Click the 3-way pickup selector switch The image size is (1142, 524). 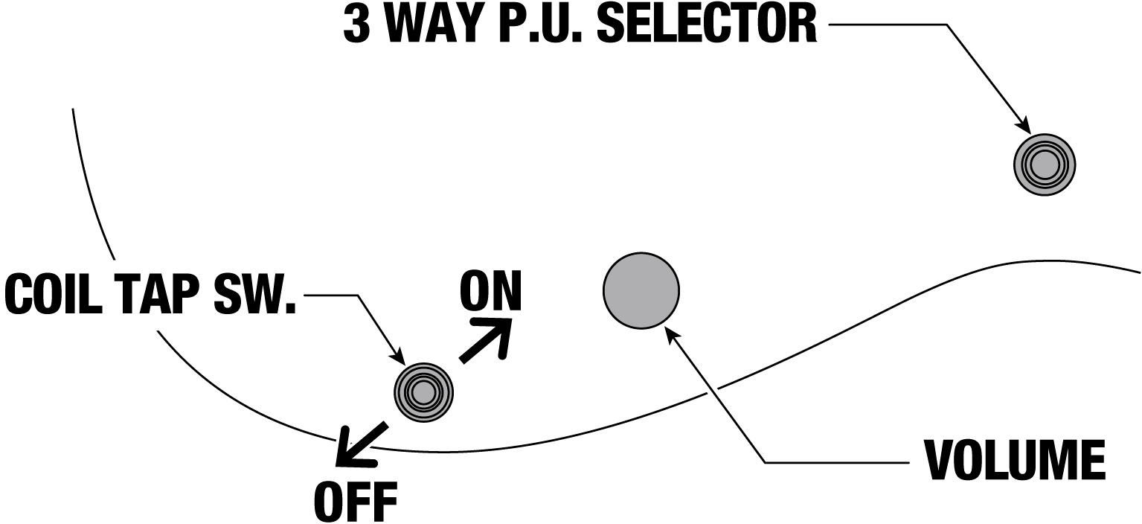1044,164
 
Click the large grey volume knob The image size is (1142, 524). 641,290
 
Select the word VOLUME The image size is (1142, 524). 1014,461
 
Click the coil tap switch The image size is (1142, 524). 423,392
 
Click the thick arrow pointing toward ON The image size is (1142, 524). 487,340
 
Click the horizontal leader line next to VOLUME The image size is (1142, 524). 837,463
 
